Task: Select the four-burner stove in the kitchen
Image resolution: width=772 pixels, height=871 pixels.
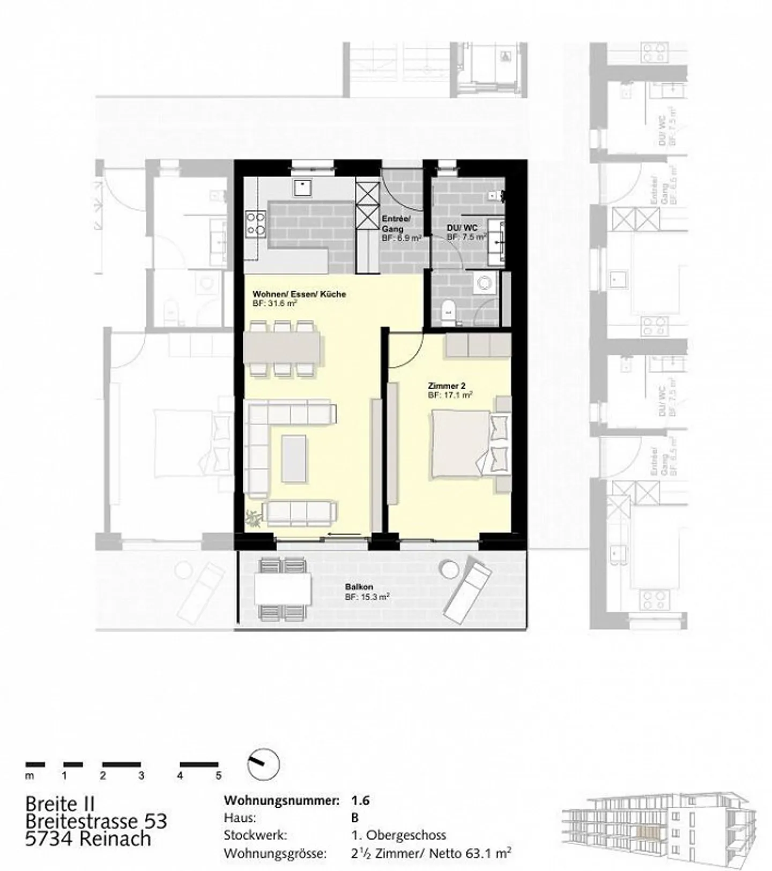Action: (255, 224)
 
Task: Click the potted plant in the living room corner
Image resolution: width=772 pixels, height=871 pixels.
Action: (253, 518)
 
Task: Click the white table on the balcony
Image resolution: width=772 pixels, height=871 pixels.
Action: (283, 589)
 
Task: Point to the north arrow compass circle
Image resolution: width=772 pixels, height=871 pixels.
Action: (263, 764)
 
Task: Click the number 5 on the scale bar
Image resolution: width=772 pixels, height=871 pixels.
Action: (218, 776)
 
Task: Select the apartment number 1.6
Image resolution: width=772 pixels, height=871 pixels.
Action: (360, 801)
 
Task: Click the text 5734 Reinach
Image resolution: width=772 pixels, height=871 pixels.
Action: (88, 839)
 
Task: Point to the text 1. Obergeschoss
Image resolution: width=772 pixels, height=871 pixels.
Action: (398, 835)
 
